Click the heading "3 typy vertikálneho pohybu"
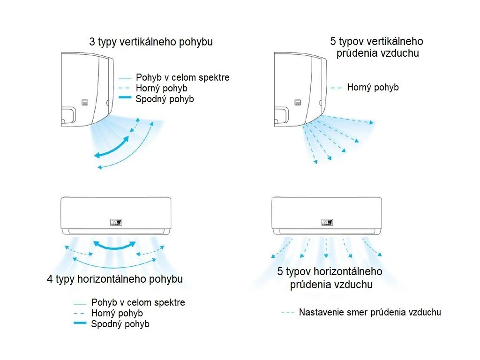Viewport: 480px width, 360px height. pos(151,42)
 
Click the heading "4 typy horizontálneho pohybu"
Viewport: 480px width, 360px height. pos(115,279)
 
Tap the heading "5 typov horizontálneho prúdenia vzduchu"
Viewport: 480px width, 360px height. pos(330,278)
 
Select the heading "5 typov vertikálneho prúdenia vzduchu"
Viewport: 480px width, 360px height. pos(377,47)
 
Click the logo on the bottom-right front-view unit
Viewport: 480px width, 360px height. pos(327,222)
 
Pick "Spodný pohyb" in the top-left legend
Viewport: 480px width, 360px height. pos(165,99)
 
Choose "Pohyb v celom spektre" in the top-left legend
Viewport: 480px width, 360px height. pos(182,77)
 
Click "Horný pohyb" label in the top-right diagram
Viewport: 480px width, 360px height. pos(373,87)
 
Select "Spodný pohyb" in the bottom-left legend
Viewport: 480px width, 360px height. pos(120,324)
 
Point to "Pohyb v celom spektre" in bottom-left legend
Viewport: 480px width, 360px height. pos(138,302)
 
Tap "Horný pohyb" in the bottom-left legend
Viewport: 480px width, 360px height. pos(117,313)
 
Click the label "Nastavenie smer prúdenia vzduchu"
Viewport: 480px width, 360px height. pos(370,312)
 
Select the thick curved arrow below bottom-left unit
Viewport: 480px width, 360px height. pos(115,246)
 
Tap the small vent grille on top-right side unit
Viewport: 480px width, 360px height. pos(298,103)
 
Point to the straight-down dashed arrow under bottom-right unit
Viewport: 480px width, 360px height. pos(326,247)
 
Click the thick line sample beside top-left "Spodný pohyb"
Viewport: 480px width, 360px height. pos(126,98)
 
